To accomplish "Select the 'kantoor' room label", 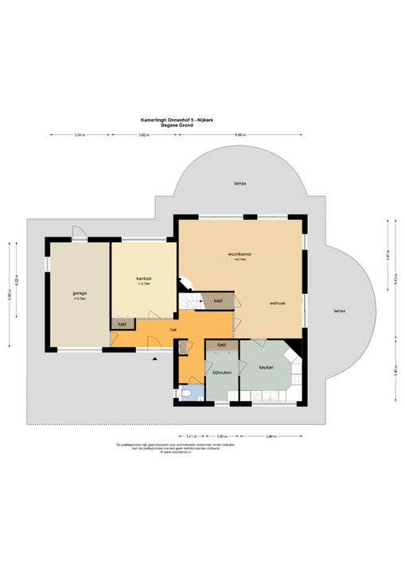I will pyautogui.click(x=143, y=279).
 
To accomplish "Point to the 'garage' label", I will pyautogui.click(x=80, y=293).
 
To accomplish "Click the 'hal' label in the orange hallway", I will pyautogui.click(x=173, y=330).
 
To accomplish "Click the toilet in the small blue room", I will pyautogui.click(x=188, y=393).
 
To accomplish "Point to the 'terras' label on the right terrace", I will pyautogui.click(x=340, y=311).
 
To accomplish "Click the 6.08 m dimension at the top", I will pyautogui.click(x=239, y=135).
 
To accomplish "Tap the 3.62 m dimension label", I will pyautogui.click(x=143, y=135).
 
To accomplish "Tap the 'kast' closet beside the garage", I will pyautogui.click(x=123, y=324).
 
